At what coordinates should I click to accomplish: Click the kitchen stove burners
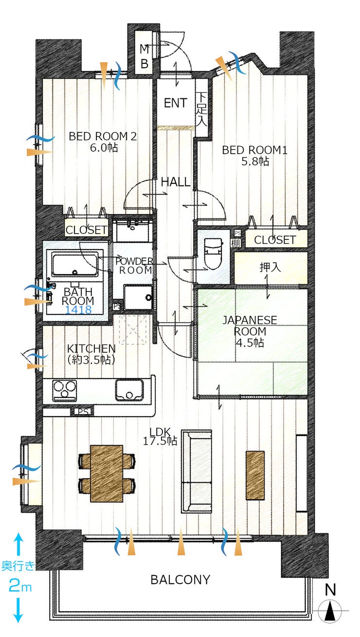(65, 390)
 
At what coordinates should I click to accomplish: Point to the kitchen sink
(129, 390)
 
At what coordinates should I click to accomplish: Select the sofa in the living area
(197, 472)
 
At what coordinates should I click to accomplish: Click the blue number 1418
(78, 309)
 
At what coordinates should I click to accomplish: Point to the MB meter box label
(144, 56)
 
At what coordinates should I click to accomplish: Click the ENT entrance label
(176, 103)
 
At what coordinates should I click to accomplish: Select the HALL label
(176, 182)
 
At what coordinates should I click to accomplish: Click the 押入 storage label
(270, 267)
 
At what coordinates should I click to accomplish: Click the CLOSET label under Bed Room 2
(87, 230)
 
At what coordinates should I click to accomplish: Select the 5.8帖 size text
(255, 162)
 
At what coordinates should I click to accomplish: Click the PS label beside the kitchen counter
(83, 411)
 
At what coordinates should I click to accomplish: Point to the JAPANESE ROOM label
(250, 326)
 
